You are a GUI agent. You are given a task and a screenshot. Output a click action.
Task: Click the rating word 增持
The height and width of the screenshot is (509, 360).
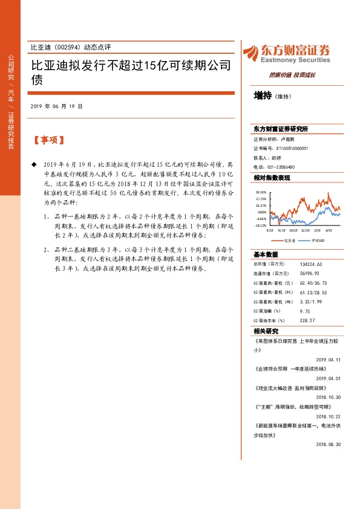coord(263,96)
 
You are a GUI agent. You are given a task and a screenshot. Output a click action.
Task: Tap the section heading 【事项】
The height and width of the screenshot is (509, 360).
coord(48,140)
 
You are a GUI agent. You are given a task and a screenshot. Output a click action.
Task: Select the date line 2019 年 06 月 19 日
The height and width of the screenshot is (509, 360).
coord(56,106)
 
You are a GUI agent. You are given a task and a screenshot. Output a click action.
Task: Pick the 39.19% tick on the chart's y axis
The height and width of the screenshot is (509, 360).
coord(261,192)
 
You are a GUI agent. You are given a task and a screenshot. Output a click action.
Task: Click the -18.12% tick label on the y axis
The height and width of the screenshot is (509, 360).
coord(261,225)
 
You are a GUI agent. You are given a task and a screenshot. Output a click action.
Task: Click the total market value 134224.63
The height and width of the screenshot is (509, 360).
coord(293,264)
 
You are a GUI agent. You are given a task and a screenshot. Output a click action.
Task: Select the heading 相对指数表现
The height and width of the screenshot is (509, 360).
coord(272,178)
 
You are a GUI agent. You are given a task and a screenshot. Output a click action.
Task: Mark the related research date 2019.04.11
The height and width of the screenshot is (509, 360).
coord(328,359)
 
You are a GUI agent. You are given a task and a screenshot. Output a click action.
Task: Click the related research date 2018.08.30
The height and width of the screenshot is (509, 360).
coord(328,444)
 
